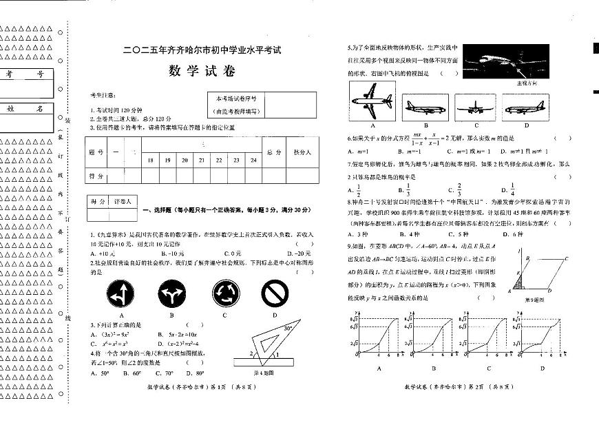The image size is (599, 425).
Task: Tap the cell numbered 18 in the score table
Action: tap(151, 160)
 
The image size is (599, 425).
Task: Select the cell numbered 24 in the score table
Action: tap(253, 160)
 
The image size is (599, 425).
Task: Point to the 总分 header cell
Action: tap(273, 152)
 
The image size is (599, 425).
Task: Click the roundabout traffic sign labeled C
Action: tap(224, 293)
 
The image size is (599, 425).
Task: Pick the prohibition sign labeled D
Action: tap(274, 293)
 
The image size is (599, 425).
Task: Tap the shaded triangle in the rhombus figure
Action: tap(517, 284)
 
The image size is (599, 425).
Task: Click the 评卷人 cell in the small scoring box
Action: tap(123, 202)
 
